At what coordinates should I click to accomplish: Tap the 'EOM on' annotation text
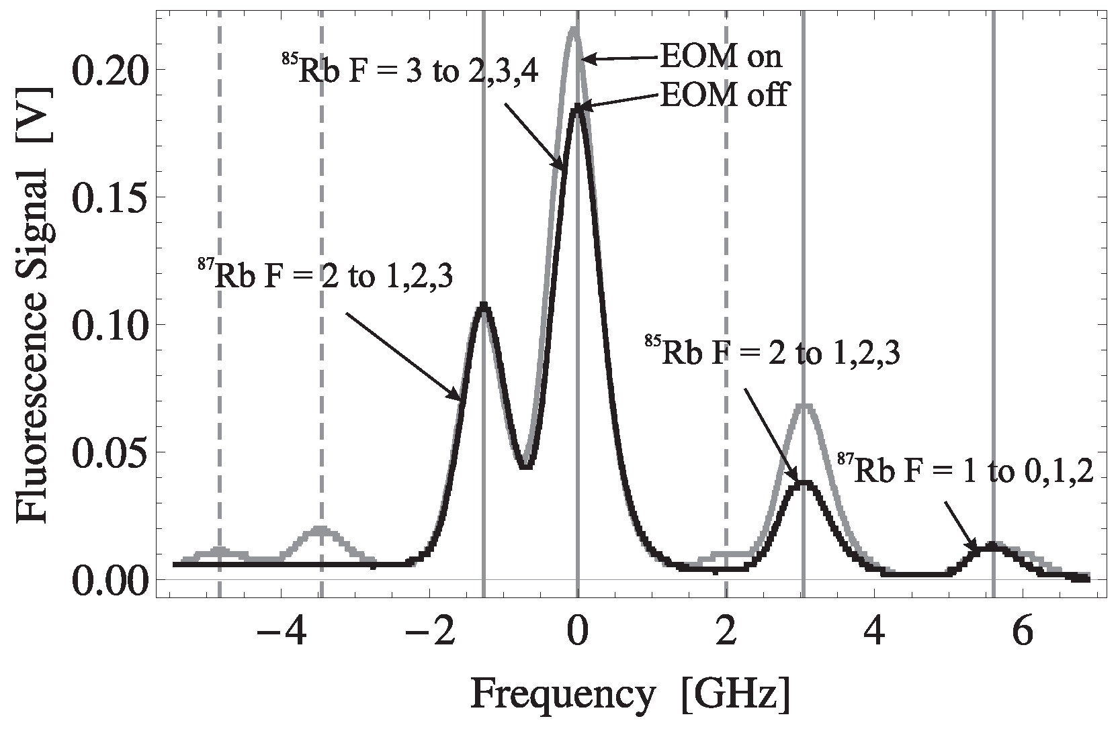point(721,57)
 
